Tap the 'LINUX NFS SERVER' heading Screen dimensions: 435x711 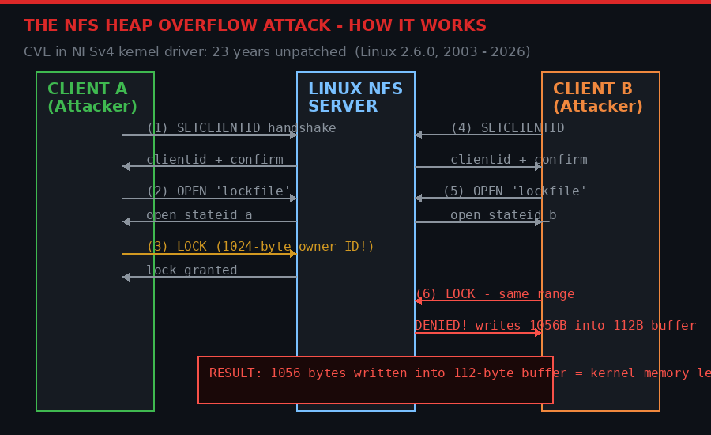(x=355, y=97)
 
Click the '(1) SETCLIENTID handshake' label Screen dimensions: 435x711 (x=241, y=128)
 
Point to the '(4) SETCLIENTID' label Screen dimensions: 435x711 (x=507, y=128)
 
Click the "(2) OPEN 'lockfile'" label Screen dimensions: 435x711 (x=218, y=191)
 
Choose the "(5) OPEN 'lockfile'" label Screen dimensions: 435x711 (x=514, y=191)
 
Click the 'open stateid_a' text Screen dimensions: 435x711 (x=199, y=215)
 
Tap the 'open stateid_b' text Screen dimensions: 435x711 (x=503, y=215)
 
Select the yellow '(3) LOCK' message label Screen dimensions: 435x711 (x=260, y=247)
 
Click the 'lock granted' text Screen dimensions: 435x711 (x=191, y=270)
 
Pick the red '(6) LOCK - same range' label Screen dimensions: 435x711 (x=495, y=294)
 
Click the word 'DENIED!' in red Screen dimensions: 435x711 (x=441, y=326)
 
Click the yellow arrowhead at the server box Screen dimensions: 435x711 (x=293, y=253)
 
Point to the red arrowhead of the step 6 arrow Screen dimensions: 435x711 (x=419, y=301)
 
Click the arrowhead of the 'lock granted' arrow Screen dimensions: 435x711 (x=126, y=277)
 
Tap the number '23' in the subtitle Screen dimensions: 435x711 (x=220, y=52)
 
